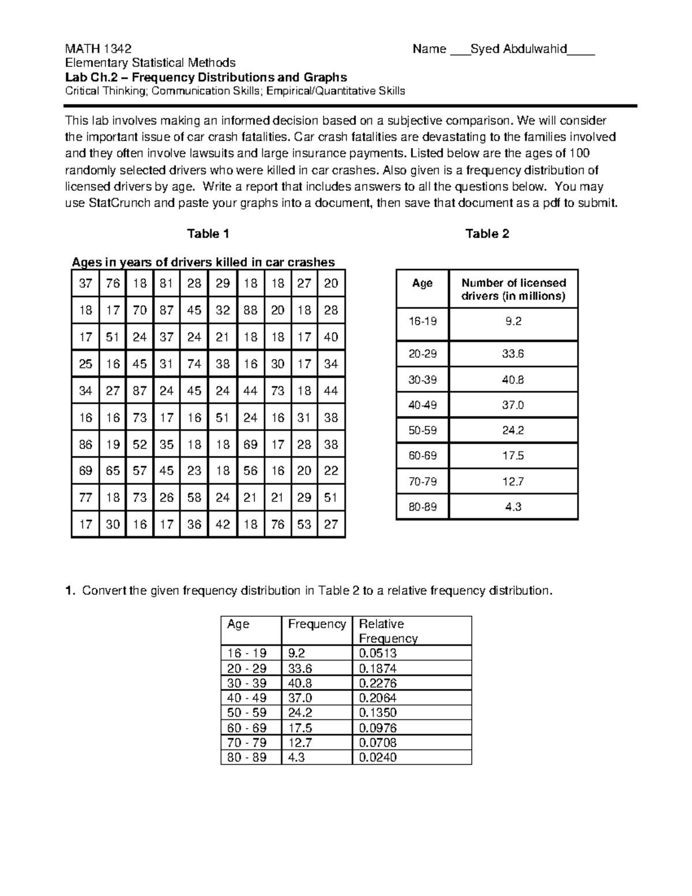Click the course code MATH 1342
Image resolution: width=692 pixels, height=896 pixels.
pos(98,48)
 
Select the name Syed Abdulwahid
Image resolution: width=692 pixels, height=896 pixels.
pos(518,48)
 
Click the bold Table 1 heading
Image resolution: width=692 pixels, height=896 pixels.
pos(208,234)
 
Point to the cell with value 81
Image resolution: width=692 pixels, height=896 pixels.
pos(167,283)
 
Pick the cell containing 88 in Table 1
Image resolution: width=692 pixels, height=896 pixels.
pos(250,310)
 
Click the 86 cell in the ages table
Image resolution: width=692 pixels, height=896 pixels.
pos(85,445)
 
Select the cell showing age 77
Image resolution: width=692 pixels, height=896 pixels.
pos(85,498)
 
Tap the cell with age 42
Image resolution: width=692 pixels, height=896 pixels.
pos(223,524)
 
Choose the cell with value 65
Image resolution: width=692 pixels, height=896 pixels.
pos(113,471)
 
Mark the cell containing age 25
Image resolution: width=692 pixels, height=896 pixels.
pos(85,364)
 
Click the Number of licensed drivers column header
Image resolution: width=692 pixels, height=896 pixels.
pos(513,289)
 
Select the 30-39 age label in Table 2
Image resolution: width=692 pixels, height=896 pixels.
pos(422,380)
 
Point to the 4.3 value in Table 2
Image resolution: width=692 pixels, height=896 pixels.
pos(513,507)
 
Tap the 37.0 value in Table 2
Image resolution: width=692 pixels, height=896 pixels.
pos(513,405)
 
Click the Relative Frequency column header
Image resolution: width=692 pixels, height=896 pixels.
pos(388,631)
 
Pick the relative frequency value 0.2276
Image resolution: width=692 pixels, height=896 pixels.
pos(378,683)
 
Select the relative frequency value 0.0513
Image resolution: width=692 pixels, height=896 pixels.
pos(378,653)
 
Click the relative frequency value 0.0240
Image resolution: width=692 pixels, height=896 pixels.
pos(378,758)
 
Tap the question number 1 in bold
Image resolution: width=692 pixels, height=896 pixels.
pos(69,591)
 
